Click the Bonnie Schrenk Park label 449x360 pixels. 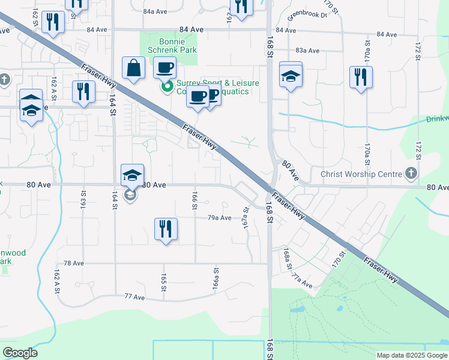point(168,46)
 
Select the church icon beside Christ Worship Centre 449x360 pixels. point(411,174)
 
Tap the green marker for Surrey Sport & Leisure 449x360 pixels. point(166,88)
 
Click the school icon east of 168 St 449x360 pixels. point(291,76)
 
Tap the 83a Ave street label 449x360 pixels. point(306,50)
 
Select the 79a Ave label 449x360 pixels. point(219,218)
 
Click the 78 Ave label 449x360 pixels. point(73,263)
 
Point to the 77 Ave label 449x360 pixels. point(134,296)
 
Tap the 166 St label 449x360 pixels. point(194,201)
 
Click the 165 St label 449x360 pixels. point(163,282)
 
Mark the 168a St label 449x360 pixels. point(288,258)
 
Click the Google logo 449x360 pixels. point(20,353)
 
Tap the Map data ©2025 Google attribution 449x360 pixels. point(411,355)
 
